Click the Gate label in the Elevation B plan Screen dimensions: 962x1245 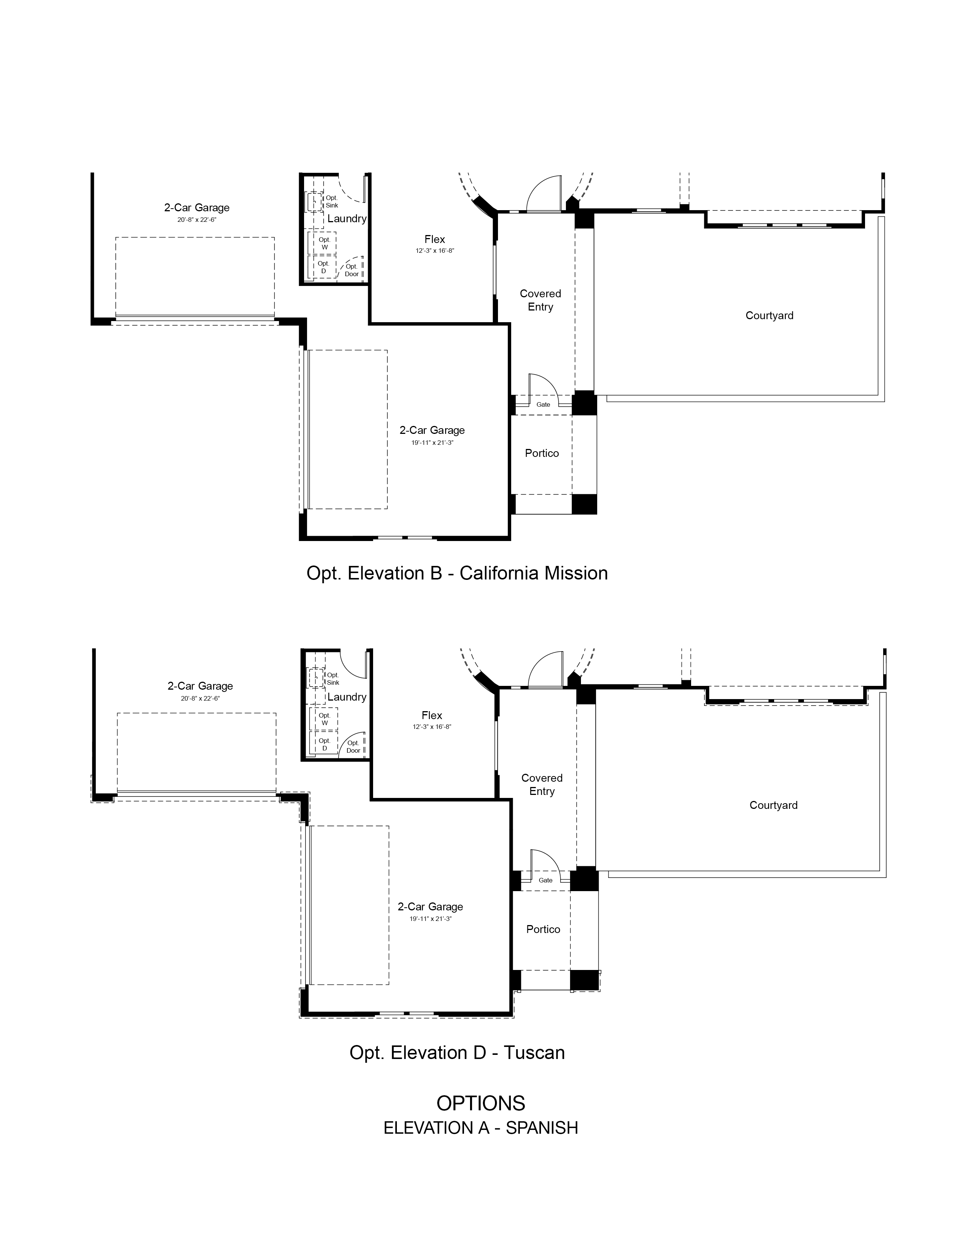pyautogui.click(x=543, y=405)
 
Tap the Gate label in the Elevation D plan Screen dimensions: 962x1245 pyautogui.click(x=546, y=880)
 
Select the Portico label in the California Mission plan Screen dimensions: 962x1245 pyautogui.click(x=542, y=453)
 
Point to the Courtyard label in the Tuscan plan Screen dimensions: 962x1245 pyautogui.click(x=773, y=805)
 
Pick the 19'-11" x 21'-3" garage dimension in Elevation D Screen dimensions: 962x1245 pyautogui.click(x=430, y=918)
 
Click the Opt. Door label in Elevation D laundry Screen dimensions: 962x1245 pyautogui.click(x=353, y=747)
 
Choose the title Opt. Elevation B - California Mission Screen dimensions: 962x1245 pyautogui.click(x=457, y=573)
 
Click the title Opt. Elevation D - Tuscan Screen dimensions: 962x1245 pyautogui.click(x=457, y=1052)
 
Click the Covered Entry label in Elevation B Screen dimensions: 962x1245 pyautogui.click(x=540, y=300)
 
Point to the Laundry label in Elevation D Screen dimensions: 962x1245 pyautogui.click(x=346, y=696)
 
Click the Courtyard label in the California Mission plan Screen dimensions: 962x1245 pyautogui.click(x=769, y=315)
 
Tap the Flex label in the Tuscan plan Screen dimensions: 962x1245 pyautogui.click(x=432, y=715)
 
